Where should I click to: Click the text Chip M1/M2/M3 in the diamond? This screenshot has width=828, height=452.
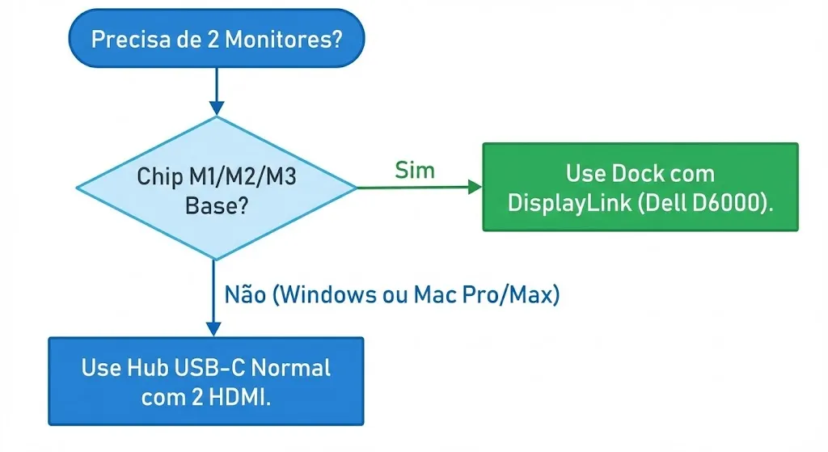click(216, 176)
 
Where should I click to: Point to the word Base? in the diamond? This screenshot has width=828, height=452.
click(216, 205)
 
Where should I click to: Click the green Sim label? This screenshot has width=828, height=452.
click(414, 170)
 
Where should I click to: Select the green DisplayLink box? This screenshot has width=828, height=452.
click(640, 187)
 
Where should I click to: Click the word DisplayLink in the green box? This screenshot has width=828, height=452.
click(566, 202)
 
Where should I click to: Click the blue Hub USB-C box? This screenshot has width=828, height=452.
click(206, 381)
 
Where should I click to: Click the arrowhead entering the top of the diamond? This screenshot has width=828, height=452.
click(216, 108)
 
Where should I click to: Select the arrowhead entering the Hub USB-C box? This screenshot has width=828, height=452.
click(213, 328)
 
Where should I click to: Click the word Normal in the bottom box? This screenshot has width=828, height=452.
click(291, 368)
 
